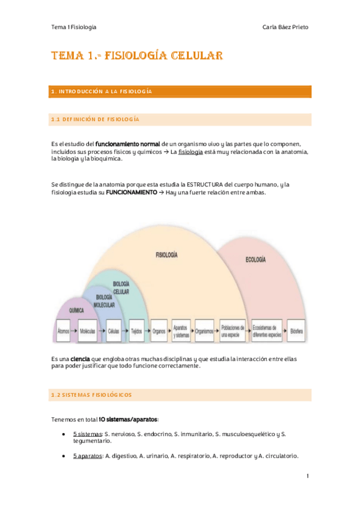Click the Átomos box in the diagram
[x=63, y=330]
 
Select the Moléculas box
[x=88, y=330]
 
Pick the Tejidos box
[x=136, y=330]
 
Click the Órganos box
[x=159, y=330]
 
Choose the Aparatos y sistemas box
[x=181, y=330]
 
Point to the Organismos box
[x=204, y=330]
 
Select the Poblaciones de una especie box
[x=231, y=330]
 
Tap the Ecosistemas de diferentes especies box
[x=267, y=330]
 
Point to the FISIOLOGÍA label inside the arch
[x=166, y=255]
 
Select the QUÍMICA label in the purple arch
[x=76, y=311]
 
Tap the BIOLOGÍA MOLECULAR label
[x=104, y=301]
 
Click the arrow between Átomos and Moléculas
[x=75, y=330]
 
